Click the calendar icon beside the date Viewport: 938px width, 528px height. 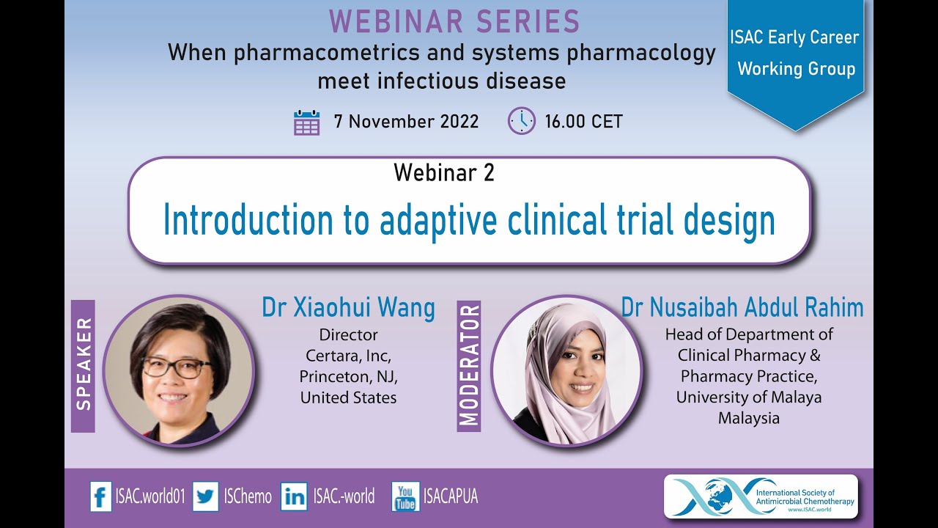(x=306, y=122)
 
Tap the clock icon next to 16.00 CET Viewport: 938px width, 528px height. (x=521, y=121)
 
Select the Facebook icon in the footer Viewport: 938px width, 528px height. (x=100, y=496)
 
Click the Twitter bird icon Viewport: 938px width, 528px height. (x=206, y=496)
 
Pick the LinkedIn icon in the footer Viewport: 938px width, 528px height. (x=295, y=496)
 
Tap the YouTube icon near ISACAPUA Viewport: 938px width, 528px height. (x=405, y=496)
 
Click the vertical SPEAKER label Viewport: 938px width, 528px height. (x=84, y=364)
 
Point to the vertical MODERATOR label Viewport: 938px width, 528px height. (x=469, y=364)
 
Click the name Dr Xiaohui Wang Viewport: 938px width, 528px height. (x=348, y=308)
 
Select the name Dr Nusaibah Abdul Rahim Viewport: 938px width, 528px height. (x=742, y=308)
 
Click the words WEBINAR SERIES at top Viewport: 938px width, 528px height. (x=454, y=22)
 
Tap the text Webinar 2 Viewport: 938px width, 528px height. (x=444, y=172)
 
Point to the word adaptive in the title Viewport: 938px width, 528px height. (x=439, y=220)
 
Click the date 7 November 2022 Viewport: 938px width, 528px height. (x=406, y=122)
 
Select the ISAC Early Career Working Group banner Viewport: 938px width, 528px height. (x=796, y=54)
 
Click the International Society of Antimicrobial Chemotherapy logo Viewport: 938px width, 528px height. (x=760, y=496)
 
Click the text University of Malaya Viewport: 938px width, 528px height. (x=748, y=397)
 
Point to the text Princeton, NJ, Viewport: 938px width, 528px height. (x=348, y=376)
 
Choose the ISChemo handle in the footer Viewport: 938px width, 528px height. (x=247, y=496)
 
